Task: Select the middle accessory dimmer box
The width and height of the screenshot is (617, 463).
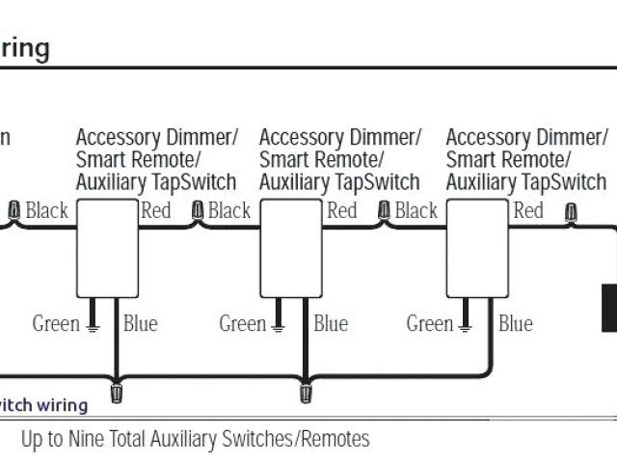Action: tap(290, 248)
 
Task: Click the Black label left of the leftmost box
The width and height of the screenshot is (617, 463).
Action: tap(46, 210)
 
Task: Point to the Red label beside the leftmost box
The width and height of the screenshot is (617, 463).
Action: tap(156, 210)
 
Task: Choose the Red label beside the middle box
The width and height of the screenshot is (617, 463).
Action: tap(342, 210)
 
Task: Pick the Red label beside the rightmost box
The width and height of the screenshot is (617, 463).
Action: tap(528, 210)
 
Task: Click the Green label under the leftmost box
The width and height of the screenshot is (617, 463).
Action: tap(56, 324)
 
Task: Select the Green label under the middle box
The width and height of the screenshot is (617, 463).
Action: tap(243, 324)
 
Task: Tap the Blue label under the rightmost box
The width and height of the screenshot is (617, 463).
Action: tap(515, 324)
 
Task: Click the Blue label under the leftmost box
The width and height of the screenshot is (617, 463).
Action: tap(140, 324)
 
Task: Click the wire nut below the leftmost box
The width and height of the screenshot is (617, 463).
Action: tap(118, 393)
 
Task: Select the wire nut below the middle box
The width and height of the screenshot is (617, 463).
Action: tap(306, 393)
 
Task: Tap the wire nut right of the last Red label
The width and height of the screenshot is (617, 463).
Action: tap(571, 210)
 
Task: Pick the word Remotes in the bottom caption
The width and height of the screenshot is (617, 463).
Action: tap(335, 440)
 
